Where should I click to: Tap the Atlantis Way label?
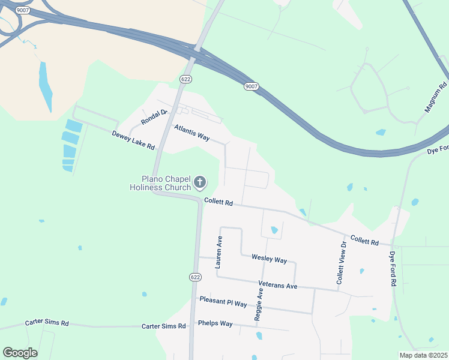tap(191, 133)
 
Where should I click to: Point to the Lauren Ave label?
tap(220, 250)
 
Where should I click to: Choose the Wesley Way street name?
tap(269, 259)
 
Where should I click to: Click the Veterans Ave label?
tap(278, 286)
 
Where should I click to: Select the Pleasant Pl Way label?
tap(223, 301)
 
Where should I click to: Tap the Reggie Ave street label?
tap(259, 304)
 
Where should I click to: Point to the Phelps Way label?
tap(215, 323)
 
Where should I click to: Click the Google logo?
tap(20, 353)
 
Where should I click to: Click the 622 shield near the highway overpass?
tap(186, 79)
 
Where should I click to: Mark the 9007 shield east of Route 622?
tap(252, 87)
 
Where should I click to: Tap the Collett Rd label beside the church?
tap(218, 203)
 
